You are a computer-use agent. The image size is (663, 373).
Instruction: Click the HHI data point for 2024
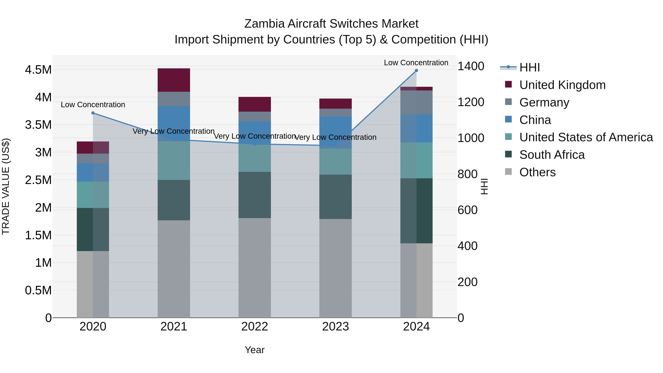(416, 71)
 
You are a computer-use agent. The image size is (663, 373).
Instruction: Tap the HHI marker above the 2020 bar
(93, 113)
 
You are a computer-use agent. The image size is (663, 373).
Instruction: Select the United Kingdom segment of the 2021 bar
(174, 80)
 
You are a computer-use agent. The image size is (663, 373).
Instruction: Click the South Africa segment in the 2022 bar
(255, 195)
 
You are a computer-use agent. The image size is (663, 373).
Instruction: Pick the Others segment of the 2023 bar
(335, 268)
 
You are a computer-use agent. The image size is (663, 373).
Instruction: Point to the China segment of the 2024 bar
(416, 128)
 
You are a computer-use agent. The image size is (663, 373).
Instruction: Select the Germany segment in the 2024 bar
(416, 102)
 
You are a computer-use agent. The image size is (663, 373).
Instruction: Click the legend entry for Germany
(544, 102)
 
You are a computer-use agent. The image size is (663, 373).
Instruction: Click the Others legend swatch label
(537, 172)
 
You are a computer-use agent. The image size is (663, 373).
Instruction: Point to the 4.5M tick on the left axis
(38, 70)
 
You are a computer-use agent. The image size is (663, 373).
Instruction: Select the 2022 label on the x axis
(255, 327)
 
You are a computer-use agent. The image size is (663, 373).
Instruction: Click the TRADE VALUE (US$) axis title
(6, 186)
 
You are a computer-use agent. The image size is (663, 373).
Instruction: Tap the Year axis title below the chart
(255, 350)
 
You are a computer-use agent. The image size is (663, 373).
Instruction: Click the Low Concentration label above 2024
(416, 63)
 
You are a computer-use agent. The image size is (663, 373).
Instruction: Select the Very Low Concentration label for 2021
(173, 131)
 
